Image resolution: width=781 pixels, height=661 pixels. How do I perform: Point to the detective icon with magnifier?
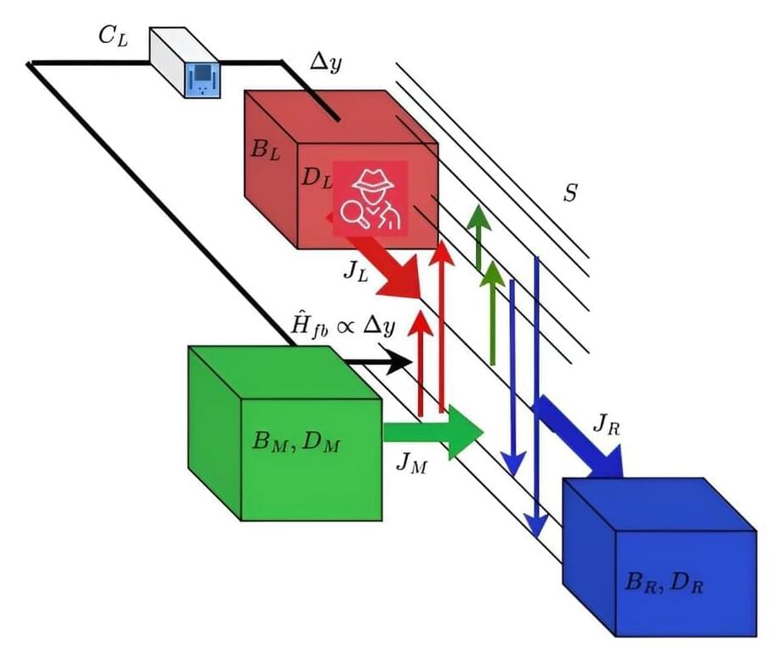pyautogui.click(x=370, y=199)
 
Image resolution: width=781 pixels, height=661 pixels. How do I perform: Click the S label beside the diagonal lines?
pyautogui.click(x=570, y=194)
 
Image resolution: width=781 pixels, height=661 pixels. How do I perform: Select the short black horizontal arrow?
pyautogui.click(x=379, y=362)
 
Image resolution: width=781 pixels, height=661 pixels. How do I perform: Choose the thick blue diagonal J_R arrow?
pyautogui.click(x=581, y=436)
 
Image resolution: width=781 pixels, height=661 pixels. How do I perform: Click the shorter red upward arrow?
pyautogui.click(x=420, y=363)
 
